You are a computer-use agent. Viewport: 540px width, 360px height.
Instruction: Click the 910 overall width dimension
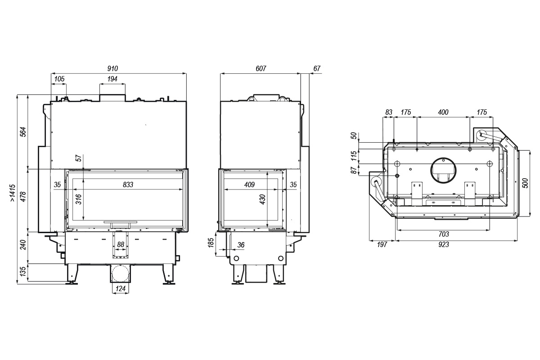click(112, 69)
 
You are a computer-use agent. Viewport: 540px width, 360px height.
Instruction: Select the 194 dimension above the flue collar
click(112, 79)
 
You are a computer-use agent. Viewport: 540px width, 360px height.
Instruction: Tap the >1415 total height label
click(13, 193)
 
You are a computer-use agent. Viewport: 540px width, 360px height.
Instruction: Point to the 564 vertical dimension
click(23, 132)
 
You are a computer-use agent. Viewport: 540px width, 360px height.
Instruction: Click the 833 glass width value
click(128, 184)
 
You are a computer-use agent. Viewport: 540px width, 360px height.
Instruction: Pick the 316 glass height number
click(79, 199)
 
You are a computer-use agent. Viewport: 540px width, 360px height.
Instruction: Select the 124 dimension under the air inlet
click(121, 288)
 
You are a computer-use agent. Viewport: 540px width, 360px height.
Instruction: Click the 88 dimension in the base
click(121, 245)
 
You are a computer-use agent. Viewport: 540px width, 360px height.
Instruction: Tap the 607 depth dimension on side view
click(261, 69)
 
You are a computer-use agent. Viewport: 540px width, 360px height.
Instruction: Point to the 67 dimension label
click(317, 69)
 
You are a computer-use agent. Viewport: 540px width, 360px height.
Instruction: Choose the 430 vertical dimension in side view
click(262, 199)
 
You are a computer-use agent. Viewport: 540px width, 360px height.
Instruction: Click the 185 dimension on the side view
click(211, 243)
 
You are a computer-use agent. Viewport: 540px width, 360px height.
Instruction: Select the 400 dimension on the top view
click(443, 112)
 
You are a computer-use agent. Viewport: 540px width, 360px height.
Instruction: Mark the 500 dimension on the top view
click(526, 183)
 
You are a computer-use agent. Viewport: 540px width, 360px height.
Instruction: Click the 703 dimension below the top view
click(444, 234)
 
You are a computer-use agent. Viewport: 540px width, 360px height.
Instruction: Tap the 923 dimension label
click(444, 245)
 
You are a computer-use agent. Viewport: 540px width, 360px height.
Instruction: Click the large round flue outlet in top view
click(443, 171)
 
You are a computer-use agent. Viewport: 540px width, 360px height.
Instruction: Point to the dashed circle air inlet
click(120, 274)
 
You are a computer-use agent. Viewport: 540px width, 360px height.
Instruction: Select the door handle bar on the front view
click(120, 221)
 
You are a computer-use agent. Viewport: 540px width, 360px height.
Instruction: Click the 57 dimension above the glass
click(79, 158)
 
